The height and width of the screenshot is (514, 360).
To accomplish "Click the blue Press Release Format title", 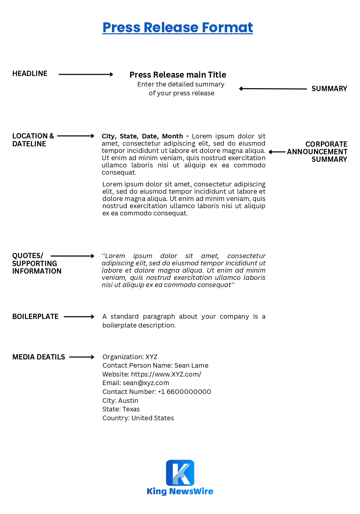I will [178, 28].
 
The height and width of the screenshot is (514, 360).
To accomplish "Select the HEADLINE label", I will [30, 74].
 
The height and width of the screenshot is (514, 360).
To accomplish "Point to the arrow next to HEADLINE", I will [86, 75].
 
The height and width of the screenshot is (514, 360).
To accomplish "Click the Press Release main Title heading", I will [178, 75].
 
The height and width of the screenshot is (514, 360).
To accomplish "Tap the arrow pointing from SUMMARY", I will [273, 89].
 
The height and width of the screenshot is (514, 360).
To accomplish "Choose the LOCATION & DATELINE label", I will [33, 140].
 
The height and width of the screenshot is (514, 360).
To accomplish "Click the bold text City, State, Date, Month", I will [142, 136].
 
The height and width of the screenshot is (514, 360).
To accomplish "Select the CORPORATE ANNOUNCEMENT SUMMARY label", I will [318, 152].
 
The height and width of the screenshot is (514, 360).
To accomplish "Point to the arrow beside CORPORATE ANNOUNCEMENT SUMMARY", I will [277, 152].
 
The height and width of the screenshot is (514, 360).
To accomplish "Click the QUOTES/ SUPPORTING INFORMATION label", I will [37, 263].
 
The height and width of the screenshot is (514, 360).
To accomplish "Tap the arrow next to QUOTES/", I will [72, 256].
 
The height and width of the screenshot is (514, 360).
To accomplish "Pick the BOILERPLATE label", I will [35, 317].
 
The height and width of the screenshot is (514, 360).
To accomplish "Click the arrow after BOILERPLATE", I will [79, 317].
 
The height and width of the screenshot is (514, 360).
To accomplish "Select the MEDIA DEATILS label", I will [39, 357].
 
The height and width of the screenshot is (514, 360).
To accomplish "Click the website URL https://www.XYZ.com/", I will [166, 375].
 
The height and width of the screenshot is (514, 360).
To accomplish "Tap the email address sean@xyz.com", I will [146, 383].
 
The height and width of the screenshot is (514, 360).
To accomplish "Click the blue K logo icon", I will [180, 473].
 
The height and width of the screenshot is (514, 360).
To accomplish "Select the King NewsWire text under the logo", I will [180, 491].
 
